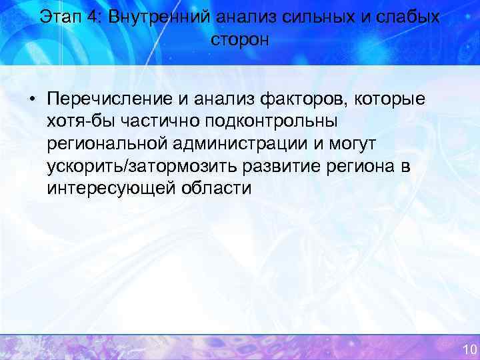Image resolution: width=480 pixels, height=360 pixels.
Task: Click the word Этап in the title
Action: (61, 17)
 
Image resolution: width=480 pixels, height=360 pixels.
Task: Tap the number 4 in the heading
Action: (92, 17)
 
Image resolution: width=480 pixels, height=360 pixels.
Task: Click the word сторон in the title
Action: (240, 40)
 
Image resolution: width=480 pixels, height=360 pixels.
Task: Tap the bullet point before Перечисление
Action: (32, 100)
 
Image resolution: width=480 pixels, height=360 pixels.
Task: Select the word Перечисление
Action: (111, 99)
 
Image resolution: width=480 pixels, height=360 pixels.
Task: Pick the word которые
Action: (390, 99)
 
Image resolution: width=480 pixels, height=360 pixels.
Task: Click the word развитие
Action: (264, 165)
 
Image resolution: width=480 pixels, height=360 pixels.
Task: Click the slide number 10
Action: (469, 349)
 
